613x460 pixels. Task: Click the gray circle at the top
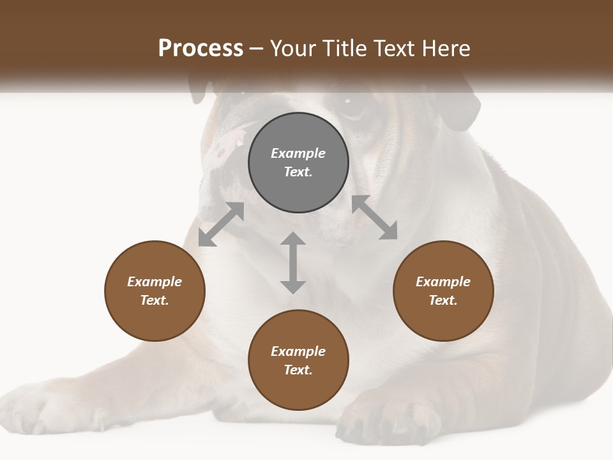click(298, 163)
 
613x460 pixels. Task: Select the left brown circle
click(155, 291)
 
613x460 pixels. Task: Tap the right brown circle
click(443, 291)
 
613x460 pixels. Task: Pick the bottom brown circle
click(298, 360)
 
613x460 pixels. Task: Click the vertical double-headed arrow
click(293, 263)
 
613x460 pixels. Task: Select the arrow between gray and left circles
click(221, 224)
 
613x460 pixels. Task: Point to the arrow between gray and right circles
click(374, 217)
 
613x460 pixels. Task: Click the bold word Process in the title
click(201, 49)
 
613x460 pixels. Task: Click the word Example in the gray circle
click(298, 153)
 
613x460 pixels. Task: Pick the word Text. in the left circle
click(155, 300)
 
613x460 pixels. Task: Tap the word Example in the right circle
click(443, 282)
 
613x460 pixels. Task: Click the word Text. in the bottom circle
click(298, 370)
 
